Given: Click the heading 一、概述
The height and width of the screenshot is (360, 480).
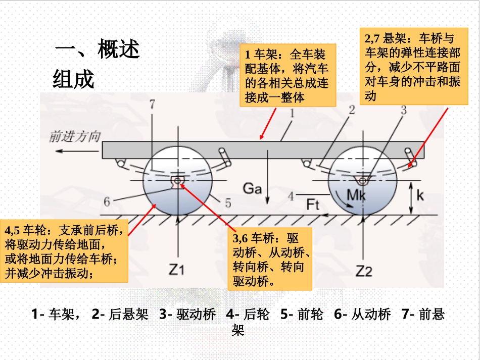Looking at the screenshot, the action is point(98,51).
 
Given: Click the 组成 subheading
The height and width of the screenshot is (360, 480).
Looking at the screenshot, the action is point(74,79).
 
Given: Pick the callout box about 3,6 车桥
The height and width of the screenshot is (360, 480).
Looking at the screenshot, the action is point(272,259).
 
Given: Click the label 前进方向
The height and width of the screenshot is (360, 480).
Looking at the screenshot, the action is point(75,137).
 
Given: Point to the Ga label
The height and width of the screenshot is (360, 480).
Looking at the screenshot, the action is point(252,188).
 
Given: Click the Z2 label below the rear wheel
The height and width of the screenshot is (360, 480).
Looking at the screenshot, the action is point(364,271).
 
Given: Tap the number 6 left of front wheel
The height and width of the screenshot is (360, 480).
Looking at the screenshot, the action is point(107,202).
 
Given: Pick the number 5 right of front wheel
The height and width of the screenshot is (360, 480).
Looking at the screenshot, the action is point(228,203).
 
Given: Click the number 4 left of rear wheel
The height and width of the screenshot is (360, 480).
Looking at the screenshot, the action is point(290,195).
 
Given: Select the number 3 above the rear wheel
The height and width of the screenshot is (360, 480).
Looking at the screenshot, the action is point(403,111).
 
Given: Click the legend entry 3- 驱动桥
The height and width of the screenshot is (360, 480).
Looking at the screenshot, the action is point(187,315).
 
